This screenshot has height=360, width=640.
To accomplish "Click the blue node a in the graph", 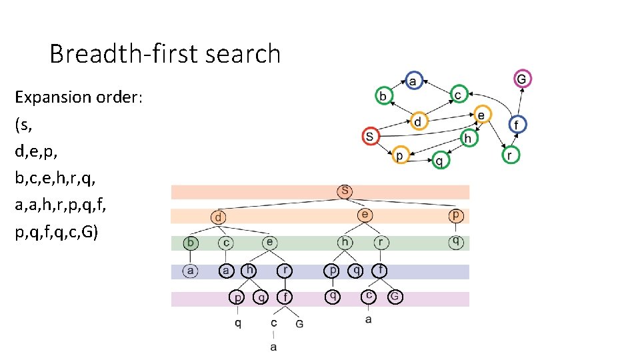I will pos(413,81).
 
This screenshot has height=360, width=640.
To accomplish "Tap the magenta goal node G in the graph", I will pos(522,79).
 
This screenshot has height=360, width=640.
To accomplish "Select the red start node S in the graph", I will pos(371,137).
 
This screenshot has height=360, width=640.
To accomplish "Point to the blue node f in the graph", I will pos(517,125).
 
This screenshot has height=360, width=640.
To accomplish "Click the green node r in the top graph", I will pos(511,155).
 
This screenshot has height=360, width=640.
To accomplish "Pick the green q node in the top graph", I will pos(439,160).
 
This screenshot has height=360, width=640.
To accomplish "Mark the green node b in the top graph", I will pos(383,96).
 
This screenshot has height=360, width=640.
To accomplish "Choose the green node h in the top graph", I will pos(469,138).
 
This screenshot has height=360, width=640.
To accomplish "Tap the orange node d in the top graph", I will pos(418,122).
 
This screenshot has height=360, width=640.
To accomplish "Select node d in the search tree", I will pos(219,217).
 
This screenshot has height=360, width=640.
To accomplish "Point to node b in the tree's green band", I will pos(191,243).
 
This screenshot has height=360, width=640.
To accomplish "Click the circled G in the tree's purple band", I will pos(395,297).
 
